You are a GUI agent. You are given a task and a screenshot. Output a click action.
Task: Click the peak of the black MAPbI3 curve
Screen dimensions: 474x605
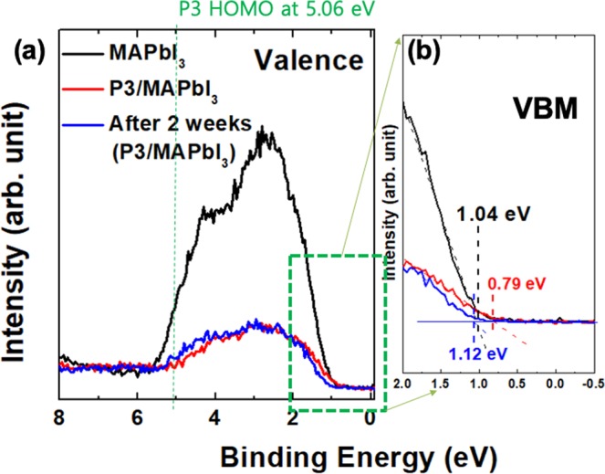tap(265, 132)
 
